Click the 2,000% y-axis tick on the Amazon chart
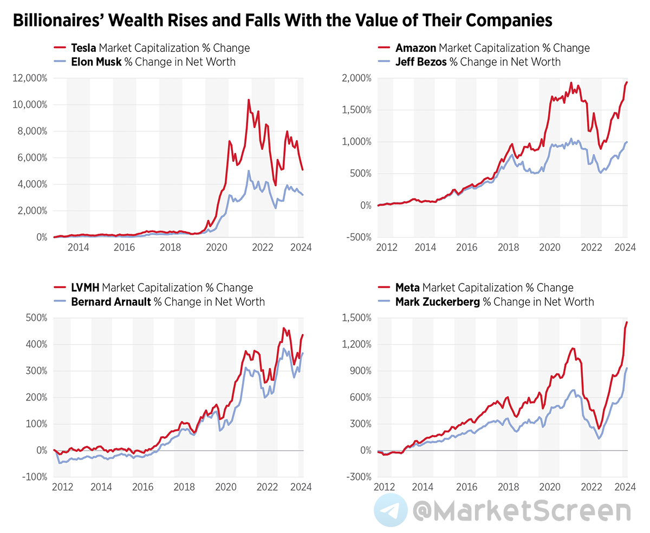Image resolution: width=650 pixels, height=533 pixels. [356, 78]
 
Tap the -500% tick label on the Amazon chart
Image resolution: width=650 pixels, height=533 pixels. [357, 237]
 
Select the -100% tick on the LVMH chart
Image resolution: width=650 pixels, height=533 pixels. [35, 477]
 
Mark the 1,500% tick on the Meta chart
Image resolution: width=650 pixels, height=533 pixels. [356, 318]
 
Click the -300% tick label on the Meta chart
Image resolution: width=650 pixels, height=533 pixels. [357, 477]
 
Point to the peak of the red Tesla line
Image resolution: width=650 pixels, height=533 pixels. [249, 100]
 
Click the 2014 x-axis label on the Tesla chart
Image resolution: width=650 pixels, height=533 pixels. [78, 248]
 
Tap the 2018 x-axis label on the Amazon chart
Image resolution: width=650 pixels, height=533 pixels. [508, 248]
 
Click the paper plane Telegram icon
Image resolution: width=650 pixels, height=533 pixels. [391, 510]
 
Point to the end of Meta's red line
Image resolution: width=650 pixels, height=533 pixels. [627, 323]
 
